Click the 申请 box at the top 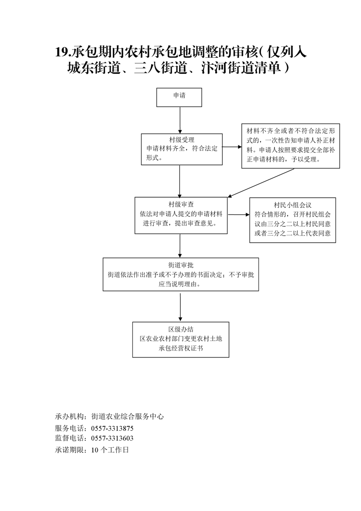coord(179,97)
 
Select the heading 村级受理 coord(182,140)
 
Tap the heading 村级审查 coord(181,204)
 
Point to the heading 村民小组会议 coord(293,205)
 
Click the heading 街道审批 coord(181,265)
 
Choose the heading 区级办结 coord(181,329)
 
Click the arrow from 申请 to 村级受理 coord(179,120)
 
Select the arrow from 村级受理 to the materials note coord(232,147)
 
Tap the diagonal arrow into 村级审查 coord(261,183)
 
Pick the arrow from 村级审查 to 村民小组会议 coord(239,215)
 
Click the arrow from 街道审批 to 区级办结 coord(180,307)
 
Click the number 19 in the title coord(61,52)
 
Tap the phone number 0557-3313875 coord(112,428)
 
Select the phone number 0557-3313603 coord(112,438)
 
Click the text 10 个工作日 coord(110,450)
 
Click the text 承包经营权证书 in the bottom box coord(181,348)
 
